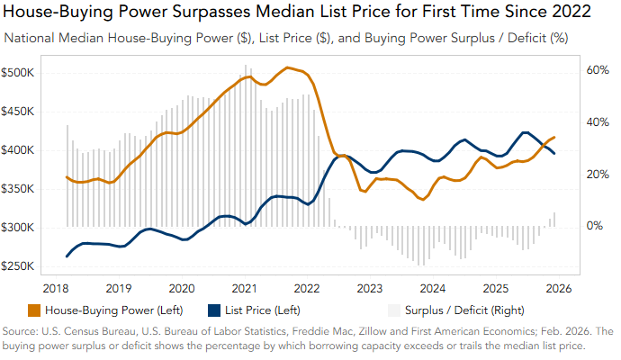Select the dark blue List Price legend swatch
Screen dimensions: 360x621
point(215,310)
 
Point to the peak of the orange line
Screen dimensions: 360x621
point(287,67)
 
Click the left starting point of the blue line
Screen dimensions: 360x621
point(67,256)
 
